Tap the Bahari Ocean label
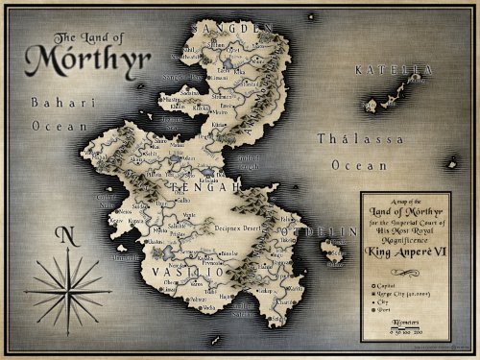(x=33, y=112)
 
